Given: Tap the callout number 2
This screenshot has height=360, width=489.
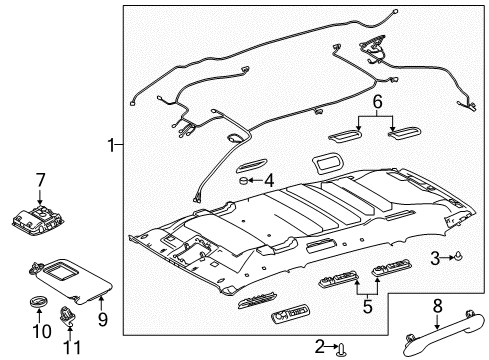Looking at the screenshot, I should pos(320,346).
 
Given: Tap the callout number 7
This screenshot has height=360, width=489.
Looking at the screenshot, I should pos(42,179).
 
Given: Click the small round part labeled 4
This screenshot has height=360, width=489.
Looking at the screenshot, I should pos(244,180).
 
